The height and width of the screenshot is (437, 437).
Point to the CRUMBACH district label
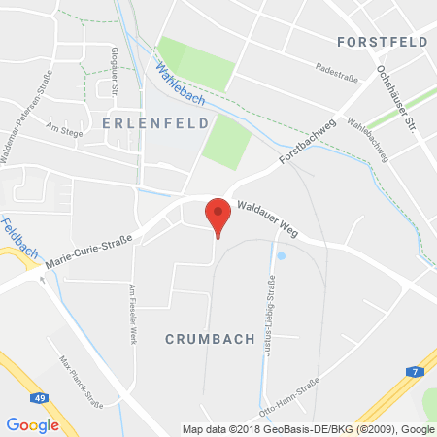[210, 339]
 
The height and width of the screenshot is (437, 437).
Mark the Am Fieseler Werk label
[130, 315]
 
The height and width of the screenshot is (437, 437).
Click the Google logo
[32, 424]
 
